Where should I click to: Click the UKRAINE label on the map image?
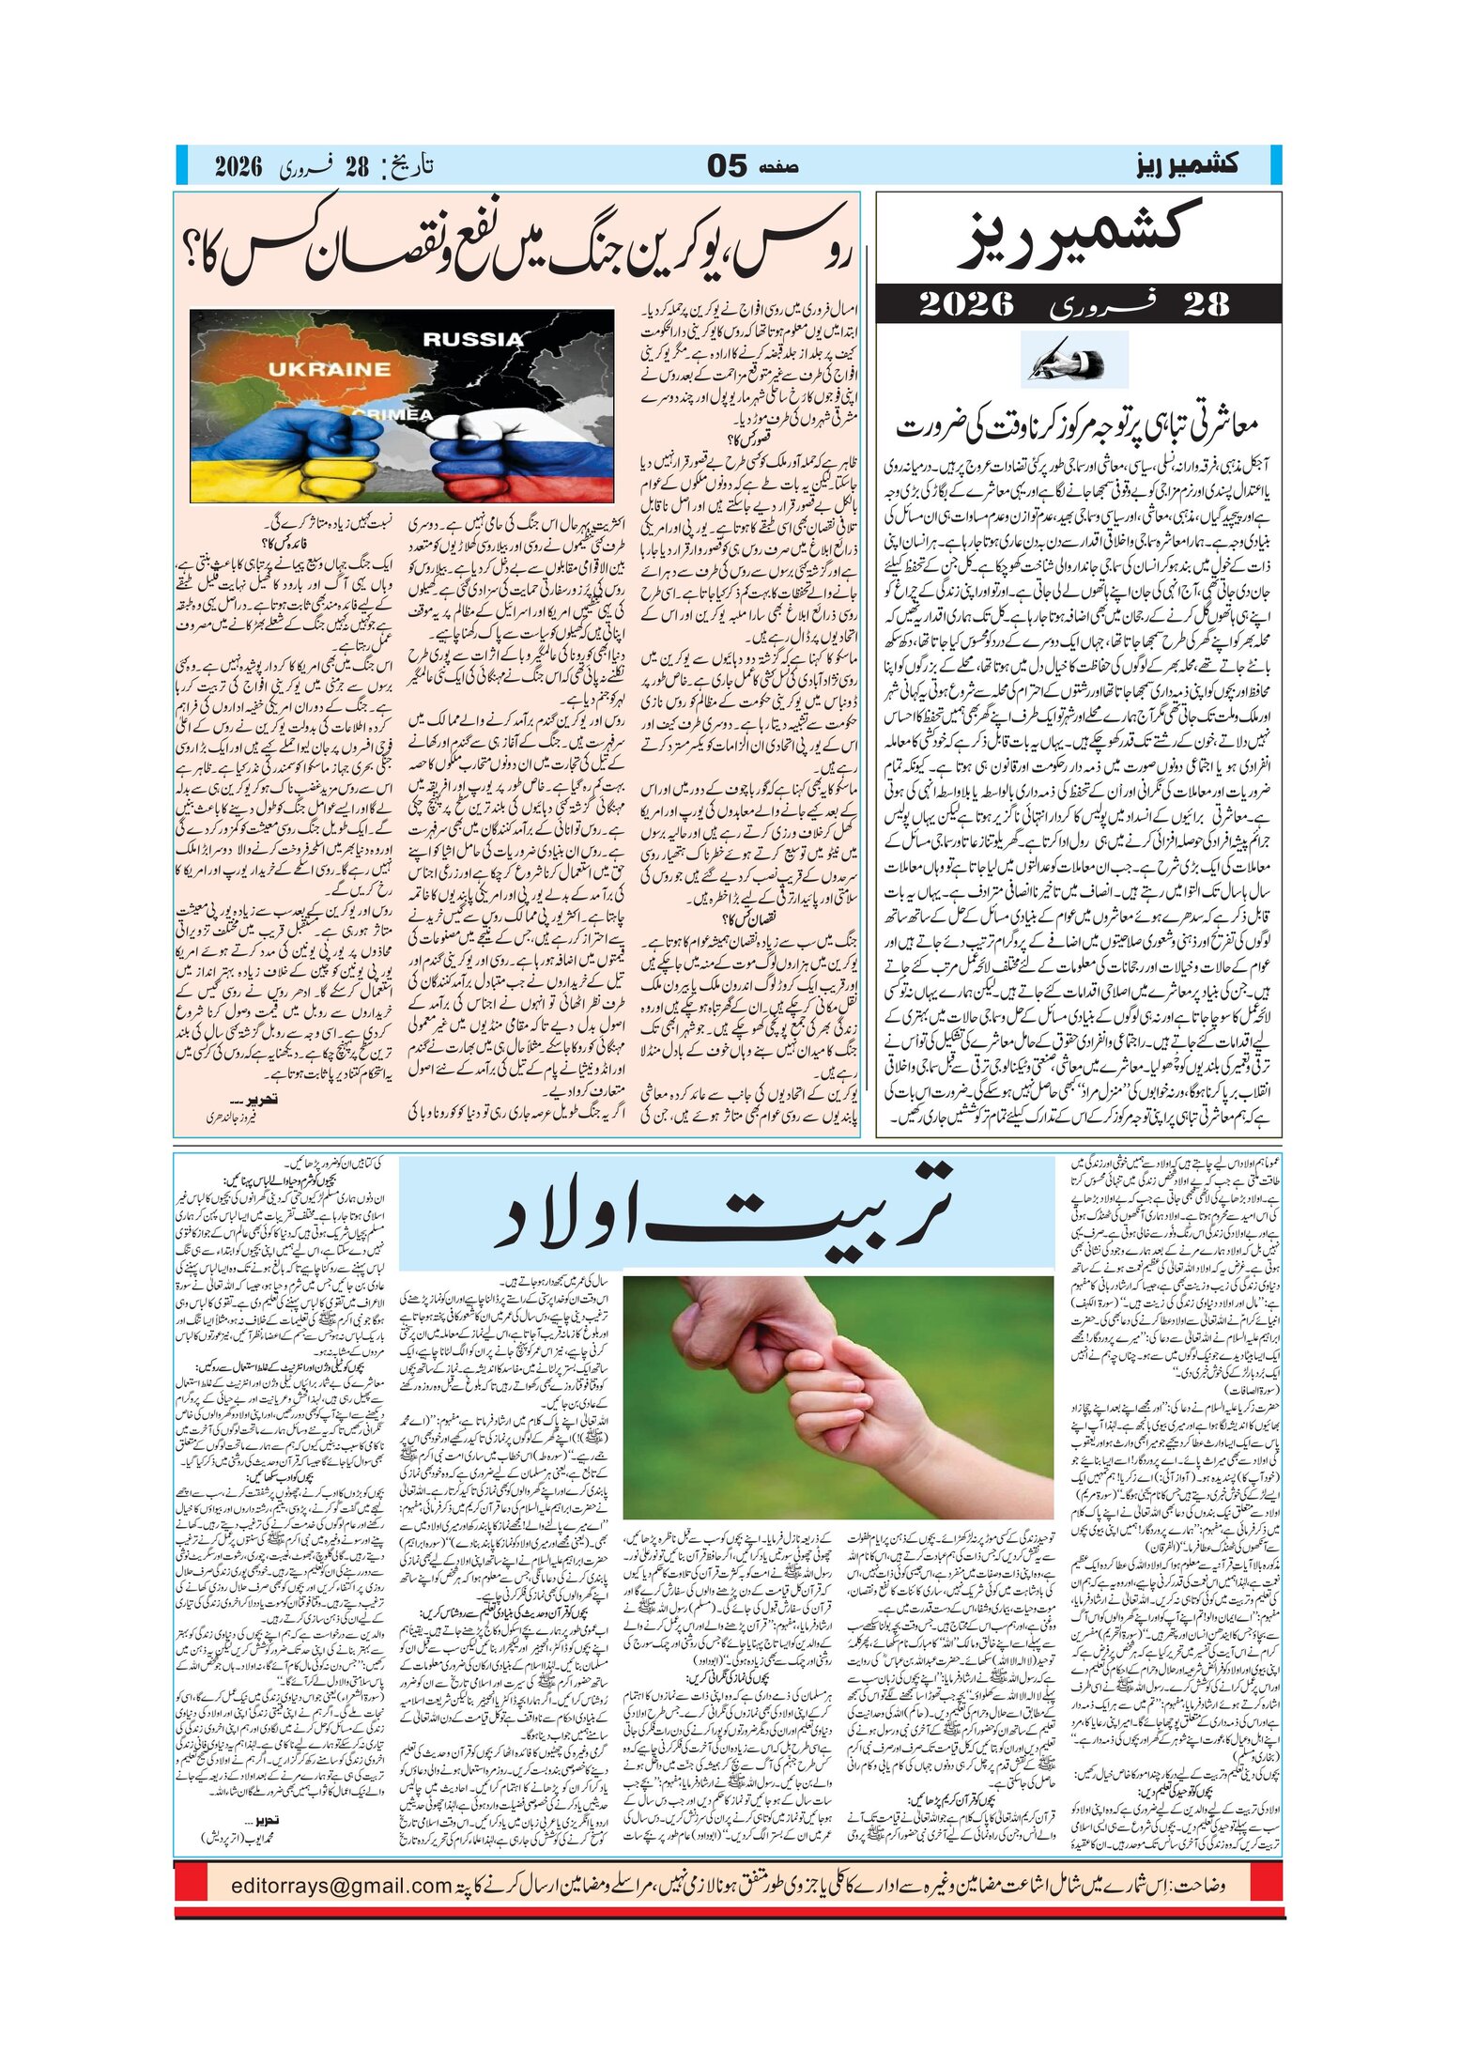pyautogui.click(x=329, y=369)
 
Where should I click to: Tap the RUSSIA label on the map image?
pyautogui.click(x=472, y=339)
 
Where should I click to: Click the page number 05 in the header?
pyautogui.click(x=727, y=166)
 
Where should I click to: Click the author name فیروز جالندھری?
pyautogui.click(x=231, y=1118)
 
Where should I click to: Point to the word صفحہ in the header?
pyautogui.click(x=779, y=166)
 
